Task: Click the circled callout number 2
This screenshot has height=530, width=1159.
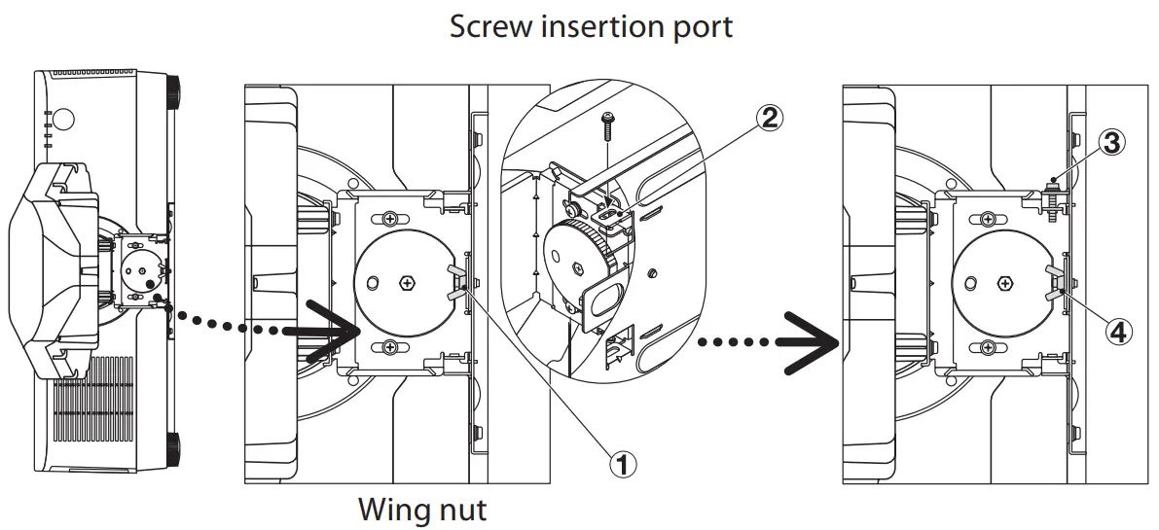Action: click(x=769, y=118)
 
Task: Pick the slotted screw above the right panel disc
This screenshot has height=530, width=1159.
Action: click(x=989, y=217)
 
